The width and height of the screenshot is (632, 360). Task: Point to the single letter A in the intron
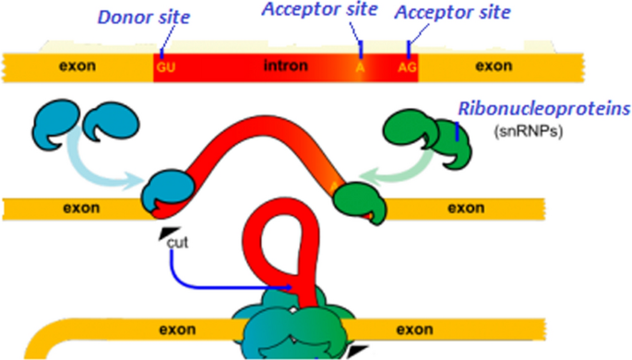pyautogui.click(x=360, y=67)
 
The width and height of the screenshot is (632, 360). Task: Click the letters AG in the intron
pyautogui.click(x=408, y=67)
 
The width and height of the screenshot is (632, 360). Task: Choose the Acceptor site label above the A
pyautogui.click(x=318, y=10)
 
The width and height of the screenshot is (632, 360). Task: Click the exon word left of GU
pyautogui.click(x=77, y=66)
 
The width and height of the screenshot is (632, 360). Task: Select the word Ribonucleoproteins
pyautogui.click(x=540, y=108)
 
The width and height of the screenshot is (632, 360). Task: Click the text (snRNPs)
pyautogui.click(x=530, y=130)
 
